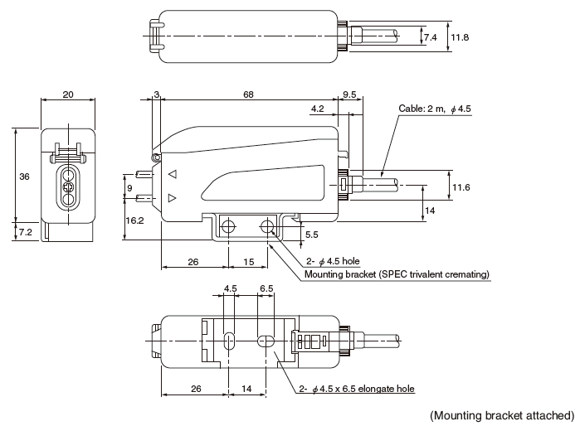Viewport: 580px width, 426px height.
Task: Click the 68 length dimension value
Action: click(248, 95)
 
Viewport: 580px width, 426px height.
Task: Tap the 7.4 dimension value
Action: click(430, 37)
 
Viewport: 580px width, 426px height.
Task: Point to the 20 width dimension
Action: click(68, 95)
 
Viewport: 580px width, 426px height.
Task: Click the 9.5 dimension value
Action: click(349, 95)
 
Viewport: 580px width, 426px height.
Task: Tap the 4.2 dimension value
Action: click(317, 109)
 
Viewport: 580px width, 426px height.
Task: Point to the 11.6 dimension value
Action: click(461, 188)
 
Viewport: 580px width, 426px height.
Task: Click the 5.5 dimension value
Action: click(311, 235)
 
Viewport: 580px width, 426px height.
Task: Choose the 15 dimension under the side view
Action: click(249, 264)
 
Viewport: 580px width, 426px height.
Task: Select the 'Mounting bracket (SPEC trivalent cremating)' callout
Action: click(397, 274)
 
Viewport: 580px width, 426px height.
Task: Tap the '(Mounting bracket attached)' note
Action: click(501, 414)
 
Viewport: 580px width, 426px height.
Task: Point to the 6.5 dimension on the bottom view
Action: click(266, 288)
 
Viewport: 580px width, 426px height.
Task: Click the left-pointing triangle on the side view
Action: click(173, 176)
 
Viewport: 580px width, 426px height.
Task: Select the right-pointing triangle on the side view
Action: click(173, 198)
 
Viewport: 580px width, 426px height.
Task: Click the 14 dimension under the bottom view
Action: click(246, 387)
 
